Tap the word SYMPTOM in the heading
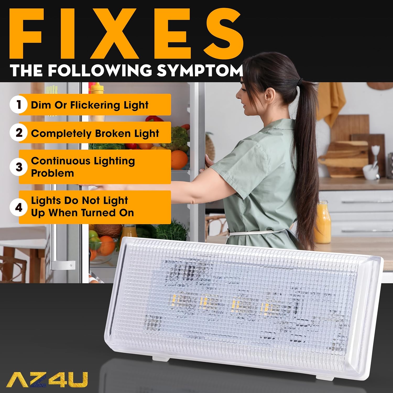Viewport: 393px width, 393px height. click(200, 70)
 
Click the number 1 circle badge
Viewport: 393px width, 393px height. click(19, 105)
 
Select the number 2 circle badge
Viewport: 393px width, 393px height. click(19, 133)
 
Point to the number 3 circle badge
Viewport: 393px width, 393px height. click(19, 167)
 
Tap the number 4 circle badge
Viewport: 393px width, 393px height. click(19, 208)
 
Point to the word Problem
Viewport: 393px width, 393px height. click(52, 173)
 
